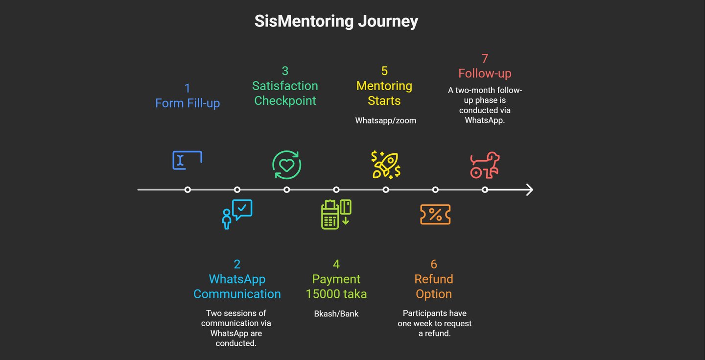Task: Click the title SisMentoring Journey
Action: point(336,22)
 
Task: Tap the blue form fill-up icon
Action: point(187,160)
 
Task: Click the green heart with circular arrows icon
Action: point(286,165)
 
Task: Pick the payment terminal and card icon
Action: point(336,214)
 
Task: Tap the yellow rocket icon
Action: point(386,165)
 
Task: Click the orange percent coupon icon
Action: point(435,215)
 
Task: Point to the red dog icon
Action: point(485,165)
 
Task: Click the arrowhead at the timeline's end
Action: point(529,190)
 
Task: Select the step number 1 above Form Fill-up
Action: point(187,88)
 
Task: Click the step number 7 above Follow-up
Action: point(485,59)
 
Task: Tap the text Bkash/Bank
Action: point(336,313)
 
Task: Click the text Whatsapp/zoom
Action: point(386,120)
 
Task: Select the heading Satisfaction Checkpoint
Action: point(285,93)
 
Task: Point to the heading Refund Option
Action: point(434,287)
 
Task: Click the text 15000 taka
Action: point(336,294)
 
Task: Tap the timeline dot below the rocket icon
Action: point(386,190)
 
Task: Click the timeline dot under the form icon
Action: point(188,190)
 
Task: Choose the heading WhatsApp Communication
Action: point(237,287)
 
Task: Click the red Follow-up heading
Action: point(485,73)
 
